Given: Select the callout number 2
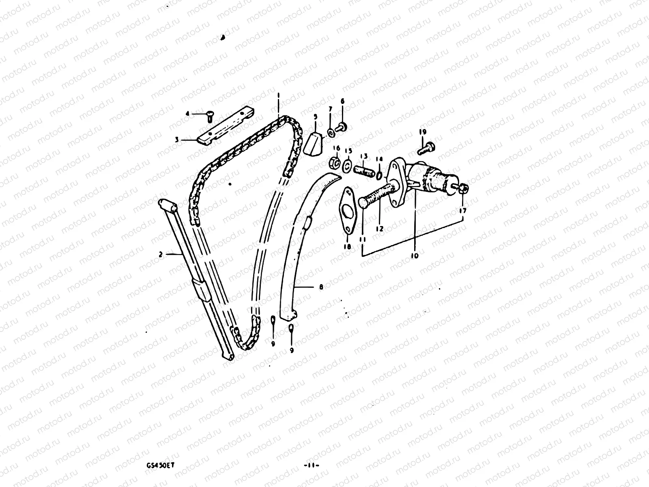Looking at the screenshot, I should pyautogui.click(x=161, y=255).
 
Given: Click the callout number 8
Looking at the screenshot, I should pyautogui.click(x=321, y=287).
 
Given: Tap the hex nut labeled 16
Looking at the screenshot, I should pyautogui.click(x=336, y=163).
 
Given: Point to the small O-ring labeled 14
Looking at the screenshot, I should pyautogui.click(x=378, y=175).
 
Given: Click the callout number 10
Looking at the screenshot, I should pyautogui.click(x=414, y=256).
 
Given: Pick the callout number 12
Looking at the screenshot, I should pyautogui.click(x=379, y=229).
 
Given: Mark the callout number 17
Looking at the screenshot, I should pyautogui.click(x=463, y=211).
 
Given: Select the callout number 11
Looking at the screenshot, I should pyautogui.click(x=362, y=239).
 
